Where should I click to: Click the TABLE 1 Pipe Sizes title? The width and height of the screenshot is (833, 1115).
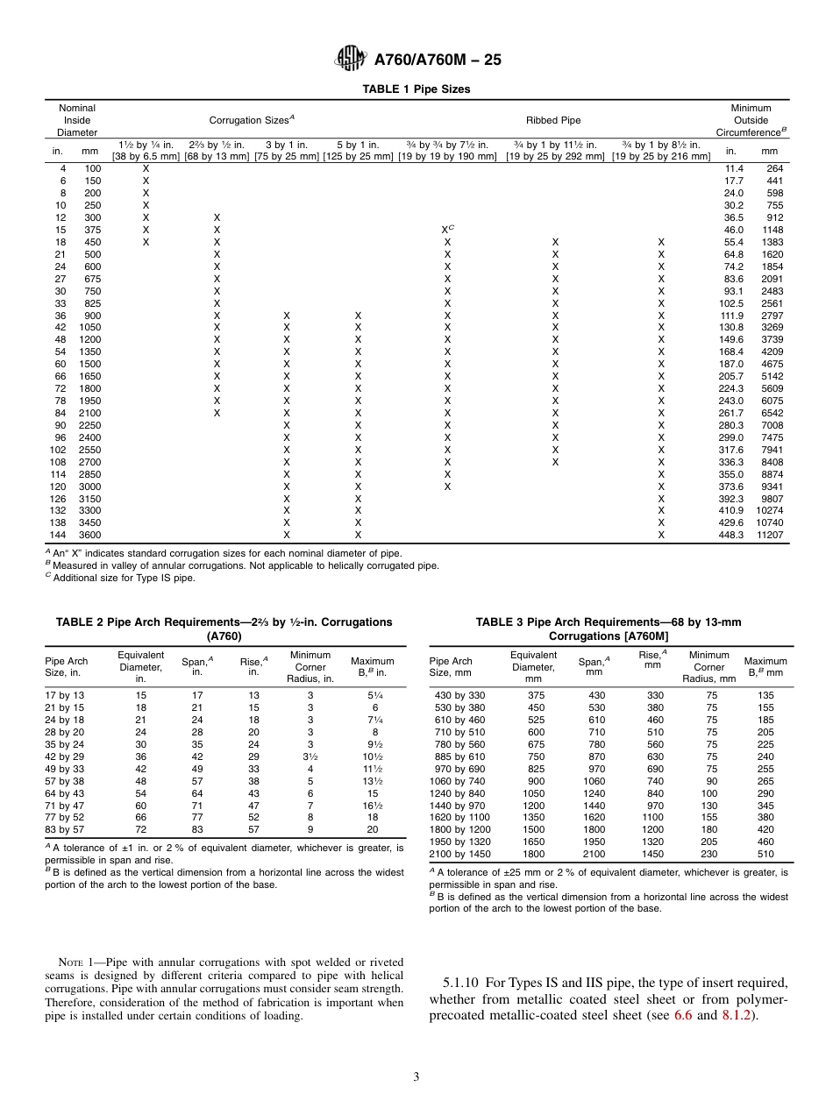(416, 89)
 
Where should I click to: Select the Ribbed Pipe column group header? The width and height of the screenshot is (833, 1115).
(552, 120)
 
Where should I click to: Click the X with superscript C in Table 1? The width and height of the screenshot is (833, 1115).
(447, 230)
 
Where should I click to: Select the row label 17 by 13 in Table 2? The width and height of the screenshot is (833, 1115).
(65, 695)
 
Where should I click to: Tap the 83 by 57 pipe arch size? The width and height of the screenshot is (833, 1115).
(65, 830)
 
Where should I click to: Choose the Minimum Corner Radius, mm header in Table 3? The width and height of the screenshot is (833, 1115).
(708, 666)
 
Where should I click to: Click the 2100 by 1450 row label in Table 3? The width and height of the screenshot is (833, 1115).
(459, 854)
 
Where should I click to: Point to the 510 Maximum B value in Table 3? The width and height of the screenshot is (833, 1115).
(765, 854)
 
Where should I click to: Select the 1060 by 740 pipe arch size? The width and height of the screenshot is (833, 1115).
(457, 780)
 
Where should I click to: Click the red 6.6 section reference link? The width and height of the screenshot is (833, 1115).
(682, 1017)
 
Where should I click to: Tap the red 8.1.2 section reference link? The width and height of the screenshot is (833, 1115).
(737, 1017)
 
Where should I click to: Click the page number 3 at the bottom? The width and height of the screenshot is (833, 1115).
(416, 1077)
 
